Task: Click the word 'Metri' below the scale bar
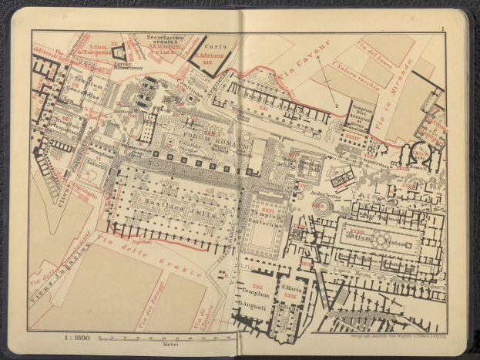(x=166, y=346)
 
